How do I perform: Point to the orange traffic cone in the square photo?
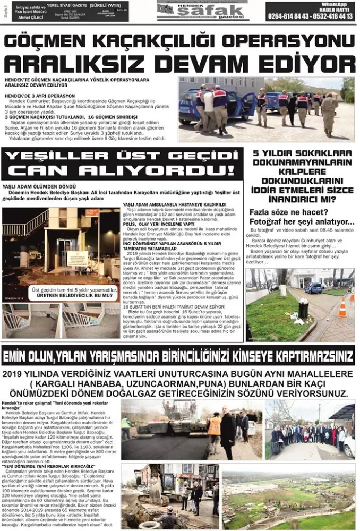[342, 309]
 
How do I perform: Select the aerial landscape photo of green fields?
[288, 497]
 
